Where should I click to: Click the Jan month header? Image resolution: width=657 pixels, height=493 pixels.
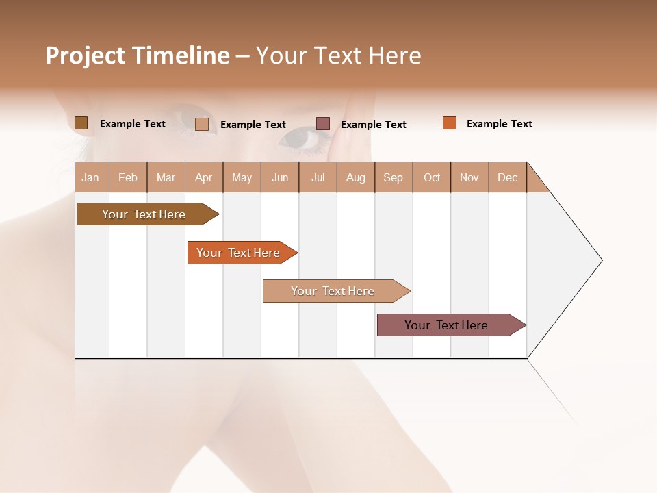[x=91, y=178]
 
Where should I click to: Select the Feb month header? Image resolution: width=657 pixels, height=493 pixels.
[x=128, y=178]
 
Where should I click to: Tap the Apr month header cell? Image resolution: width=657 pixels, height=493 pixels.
[x=204, y=178]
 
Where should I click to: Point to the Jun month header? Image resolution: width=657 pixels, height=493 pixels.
[x=280, y=178]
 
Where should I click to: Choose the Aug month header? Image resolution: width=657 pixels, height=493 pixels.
[x=356, y=178]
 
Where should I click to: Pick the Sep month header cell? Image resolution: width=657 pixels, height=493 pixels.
[x=394, y=178]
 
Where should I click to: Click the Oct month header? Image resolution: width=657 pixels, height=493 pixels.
[x=432, y=178]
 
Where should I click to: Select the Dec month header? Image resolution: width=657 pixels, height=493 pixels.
[x=508, y=178]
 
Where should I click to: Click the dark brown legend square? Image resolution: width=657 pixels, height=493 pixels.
[x=81, y=123]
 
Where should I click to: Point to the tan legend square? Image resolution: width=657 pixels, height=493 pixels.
[x=202, y=124]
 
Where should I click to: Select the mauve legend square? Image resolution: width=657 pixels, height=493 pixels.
[x=323, y=123]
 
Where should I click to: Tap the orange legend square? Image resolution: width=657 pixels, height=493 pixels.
[x=450, y=123]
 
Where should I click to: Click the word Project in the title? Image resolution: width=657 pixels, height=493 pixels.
[x=85, y=55]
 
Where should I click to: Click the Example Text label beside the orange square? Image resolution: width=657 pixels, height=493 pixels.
[x=499, y=124]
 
